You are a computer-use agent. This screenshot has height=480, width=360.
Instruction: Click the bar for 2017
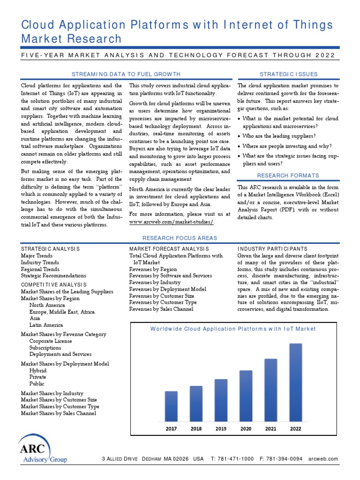coord(171,406)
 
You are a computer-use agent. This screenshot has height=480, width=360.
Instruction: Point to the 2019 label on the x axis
coord(221,428)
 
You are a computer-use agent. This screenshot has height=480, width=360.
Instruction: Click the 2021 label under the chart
coord(270,428)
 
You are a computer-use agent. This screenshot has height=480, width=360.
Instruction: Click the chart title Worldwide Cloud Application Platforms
coord(233,329)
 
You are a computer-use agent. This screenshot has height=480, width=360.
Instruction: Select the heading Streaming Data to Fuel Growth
coord(125,74)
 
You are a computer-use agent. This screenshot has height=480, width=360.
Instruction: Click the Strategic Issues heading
coord(288,74)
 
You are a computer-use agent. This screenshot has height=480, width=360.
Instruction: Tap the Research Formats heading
coord(288,175)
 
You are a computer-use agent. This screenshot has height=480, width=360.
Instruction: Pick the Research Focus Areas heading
coord(180,238)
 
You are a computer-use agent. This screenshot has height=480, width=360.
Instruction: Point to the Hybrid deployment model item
coord(38,370)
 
